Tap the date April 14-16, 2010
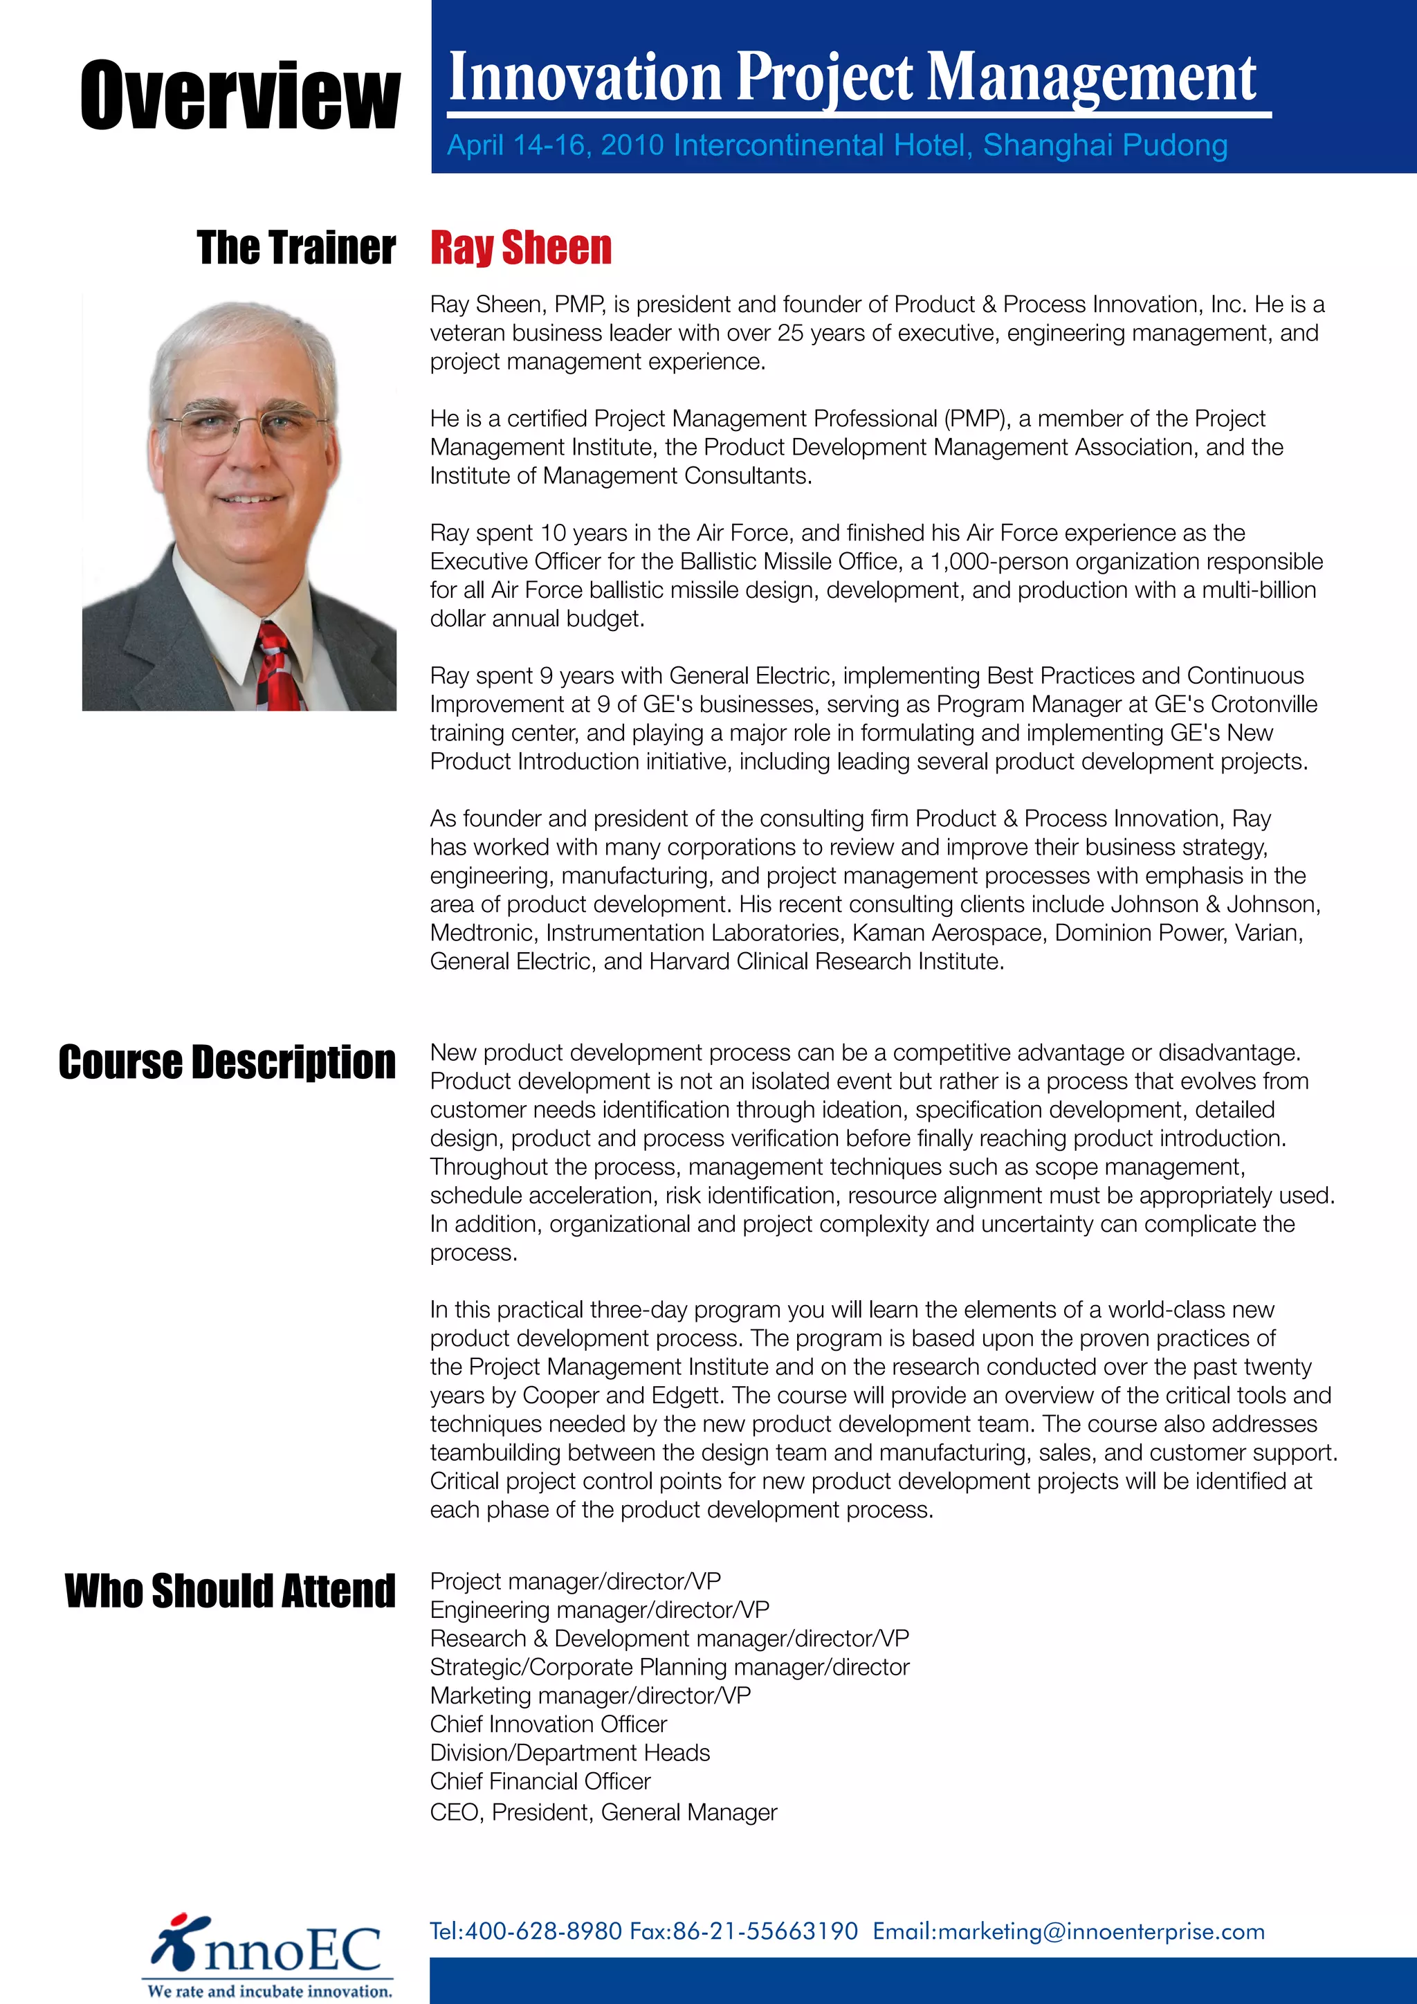coord(555,145)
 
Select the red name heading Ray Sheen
coord(521,248)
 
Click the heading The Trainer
coord(296,248)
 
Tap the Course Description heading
coord(227,1062)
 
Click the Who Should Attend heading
coord(230,1590)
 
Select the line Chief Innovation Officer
coord(548,1724)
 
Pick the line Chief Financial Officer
coord(540,1780)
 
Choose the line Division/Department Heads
coord(569,1753)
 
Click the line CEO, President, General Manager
coord(603,1812)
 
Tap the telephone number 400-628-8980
coord(542,1931)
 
